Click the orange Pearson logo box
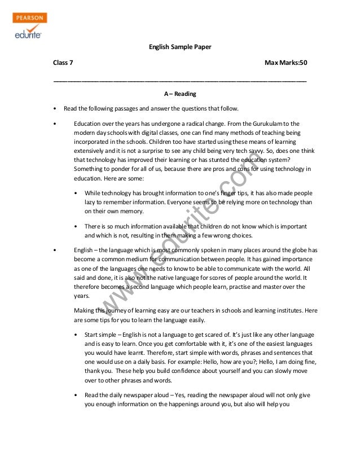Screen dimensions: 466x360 [29, 18]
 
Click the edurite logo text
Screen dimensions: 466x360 [28, 34]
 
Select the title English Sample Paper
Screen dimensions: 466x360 [179, 47]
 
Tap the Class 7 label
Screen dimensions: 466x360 [63, 63]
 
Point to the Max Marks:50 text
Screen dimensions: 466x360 [286, 63]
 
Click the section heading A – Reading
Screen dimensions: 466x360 [179, 94]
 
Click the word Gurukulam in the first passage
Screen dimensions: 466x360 [264, 123]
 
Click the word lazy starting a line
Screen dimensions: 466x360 [91, 202]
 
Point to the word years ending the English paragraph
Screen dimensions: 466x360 [82, 295]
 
